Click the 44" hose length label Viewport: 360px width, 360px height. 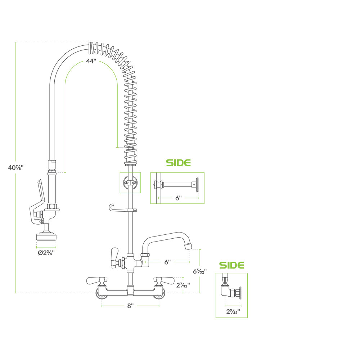91,61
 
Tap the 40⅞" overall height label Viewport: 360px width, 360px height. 16,168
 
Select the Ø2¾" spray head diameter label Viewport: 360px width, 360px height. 46,253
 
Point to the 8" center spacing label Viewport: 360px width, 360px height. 130,306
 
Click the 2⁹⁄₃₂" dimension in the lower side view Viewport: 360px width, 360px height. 233,311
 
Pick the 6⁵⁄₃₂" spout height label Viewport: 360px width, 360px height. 200,271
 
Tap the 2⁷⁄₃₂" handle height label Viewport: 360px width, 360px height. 183,285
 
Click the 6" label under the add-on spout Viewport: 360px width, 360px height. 168,262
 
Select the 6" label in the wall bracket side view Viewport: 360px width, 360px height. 179,198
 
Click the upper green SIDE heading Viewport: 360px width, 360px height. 179,163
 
